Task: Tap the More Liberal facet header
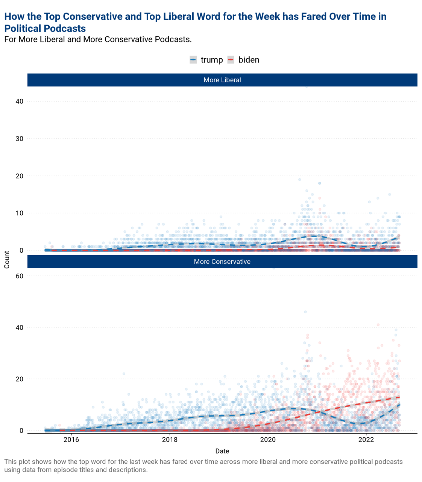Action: (x=222, y=80)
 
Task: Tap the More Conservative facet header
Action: (x=222, y=262)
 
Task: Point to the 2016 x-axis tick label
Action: (x=71, y=440)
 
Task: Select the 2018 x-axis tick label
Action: (x=170, y=440)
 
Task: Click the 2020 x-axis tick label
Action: (x=268, y=440)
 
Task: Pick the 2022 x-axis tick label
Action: (x=366, y=440)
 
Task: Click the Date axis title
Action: (x=222, y=451)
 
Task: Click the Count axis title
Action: (x=7, y=260)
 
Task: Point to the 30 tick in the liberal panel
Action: (x=19, y=139)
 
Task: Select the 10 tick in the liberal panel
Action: (x=19, y=213)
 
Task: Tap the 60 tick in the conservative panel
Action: (x=19, y=276)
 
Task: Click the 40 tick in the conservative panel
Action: (x=19, y=327)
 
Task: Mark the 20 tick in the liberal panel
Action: (x=19, y=176)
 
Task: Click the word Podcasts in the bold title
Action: (x=65, y=29)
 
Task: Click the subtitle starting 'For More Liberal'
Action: (x=98, y=39)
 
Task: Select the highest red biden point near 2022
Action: (x=378, y=325)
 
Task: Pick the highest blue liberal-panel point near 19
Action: (x=299, y=179)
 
